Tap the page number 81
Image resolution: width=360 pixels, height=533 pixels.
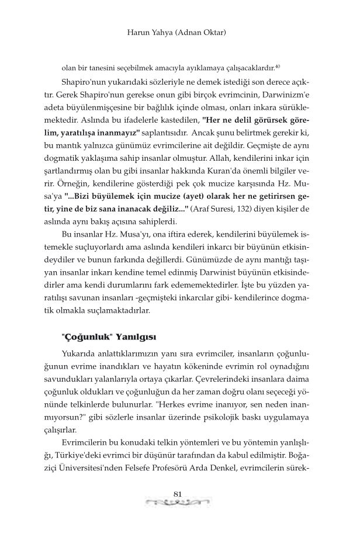[x=180, y=496]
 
